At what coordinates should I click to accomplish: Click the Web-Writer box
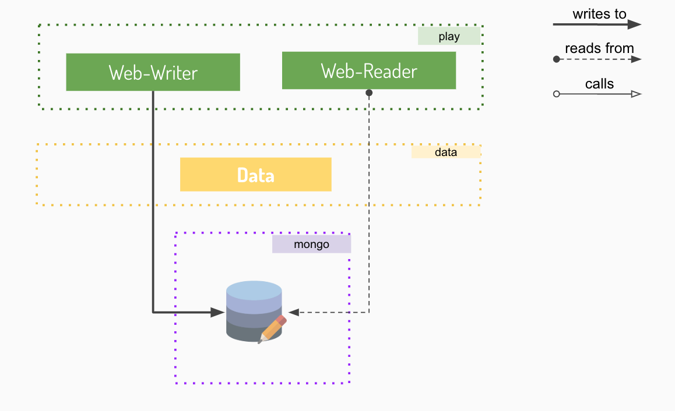point(153,72)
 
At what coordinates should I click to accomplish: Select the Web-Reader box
point(368,70)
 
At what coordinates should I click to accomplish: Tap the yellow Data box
point(255,174)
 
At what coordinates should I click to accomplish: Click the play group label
point(449,37)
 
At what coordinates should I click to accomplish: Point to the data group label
point(446,152)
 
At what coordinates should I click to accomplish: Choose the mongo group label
point(311,245)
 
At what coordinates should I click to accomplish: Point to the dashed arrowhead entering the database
point(294,313)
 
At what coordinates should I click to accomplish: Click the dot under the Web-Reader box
point(369,93)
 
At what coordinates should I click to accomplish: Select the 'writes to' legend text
point(599,14)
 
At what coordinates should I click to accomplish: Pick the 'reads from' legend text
point(599,48)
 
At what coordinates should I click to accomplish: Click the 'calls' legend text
point(599,84)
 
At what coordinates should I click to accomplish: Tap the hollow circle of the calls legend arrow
point(556,94)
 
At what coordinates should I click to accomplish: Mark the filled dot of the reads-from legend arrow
point(556,59)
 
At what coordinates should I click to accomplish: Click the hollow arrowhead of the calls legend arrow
point(636,94)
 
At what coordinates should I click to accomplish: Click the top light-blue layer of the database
point(254,289)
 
